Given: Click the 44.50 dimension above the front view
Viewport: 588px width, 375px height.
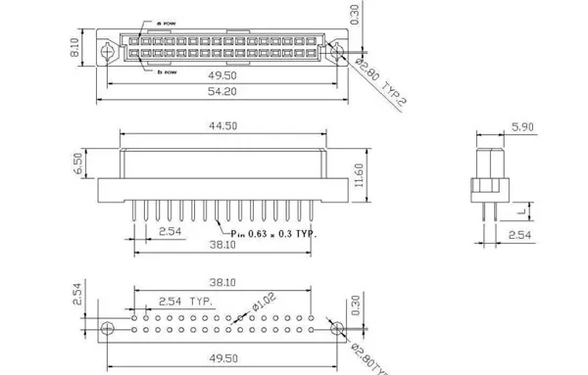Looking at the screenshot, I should tap(223, 126).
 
